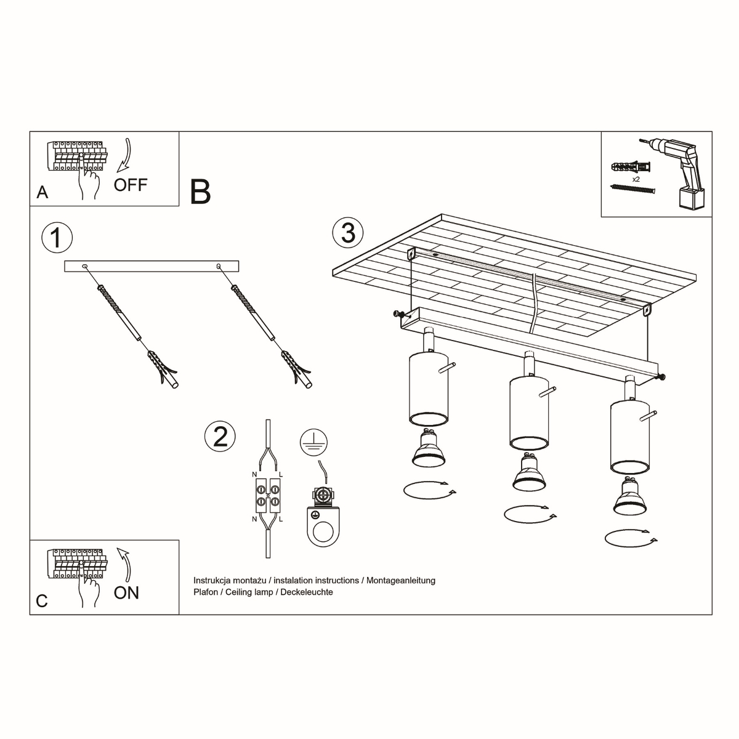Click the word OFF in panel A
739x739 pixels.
pyautogui.click(x=131, y=184)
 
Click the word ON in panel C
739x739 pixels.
pyautogui.click(x=127, y=592)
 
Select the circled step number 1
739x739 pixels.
pyautogui.click(x=57, y=238)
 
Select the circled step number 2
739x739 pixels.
pyautogui.click(x=220, y=436)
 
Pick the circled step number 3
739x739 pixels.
pyautogui.click(x=348, y=233)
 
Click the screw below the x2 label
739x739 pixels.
pyautogui.click(x=632, y=189)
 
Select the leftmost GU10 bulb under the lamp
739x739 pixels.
pyautogui.click(x=429, y=449)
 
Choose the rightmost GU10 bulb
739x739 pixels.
pyautogui.click(x=630, y=496)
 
